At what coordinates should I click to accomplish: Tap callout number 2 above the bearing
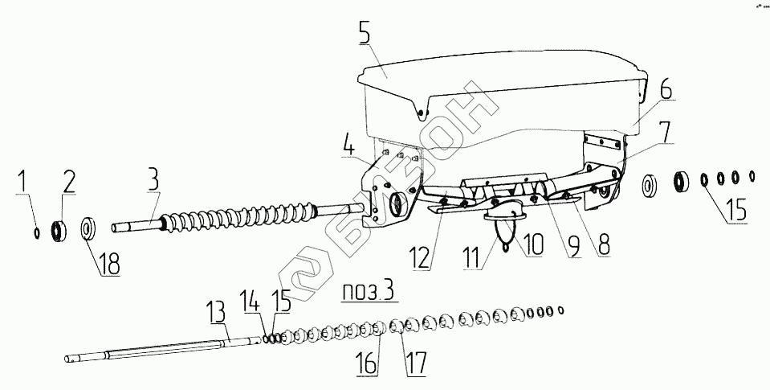click(69, 183)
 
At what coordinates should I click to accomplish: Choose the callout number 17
click(414, 363)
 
